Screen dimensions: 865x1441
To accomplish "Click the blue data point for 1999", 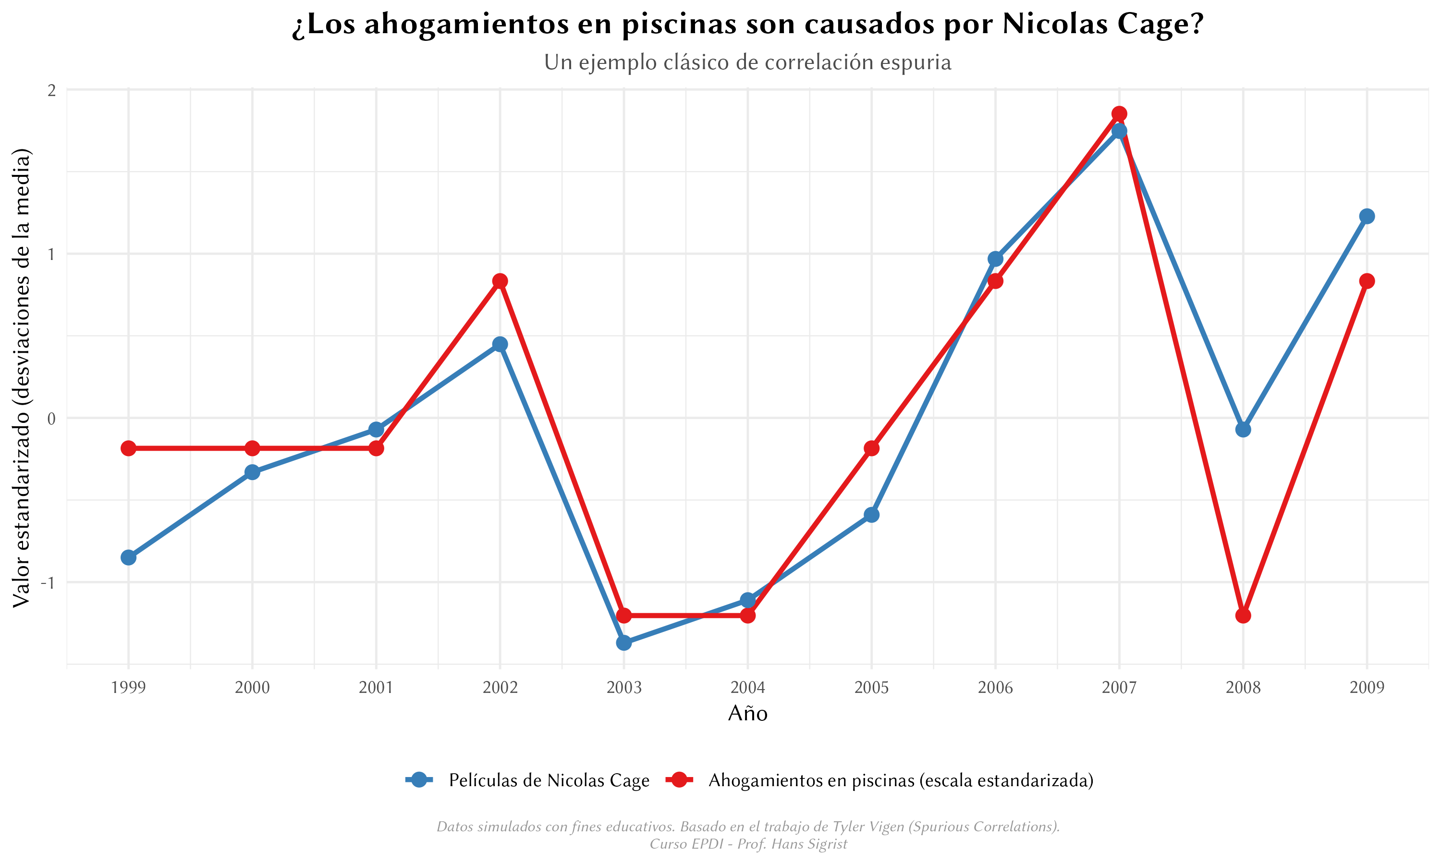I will click(x=128, y=557).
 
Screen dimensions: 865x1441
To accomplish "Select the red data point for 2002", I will click(x=500, y=281).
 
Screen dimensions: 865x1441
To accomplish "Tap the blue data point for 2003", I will click(x=624, y=643).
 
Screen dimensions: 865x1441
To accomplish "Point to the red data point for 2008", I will click(x=1243, y=616).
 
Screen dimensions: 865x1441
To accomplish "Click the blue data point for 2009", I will click(x=1367, y=216).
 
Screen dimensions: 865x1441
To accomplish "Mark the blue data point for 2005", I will click(x=871, y=515).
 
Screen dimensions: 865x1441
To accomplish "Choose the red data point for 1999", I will click(x=128, y=448).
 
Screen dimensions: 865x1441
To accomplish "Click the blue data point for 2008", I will click(x=1243, y=430).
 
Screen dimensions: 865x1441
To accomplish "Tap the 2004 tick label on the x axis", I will click(x=748, y=688).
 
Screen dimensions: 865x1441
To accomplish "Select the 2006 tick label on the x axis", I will click(x=995, y=688).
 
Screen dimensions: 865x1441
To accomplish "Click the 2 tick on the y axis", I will click(x=52, y=90).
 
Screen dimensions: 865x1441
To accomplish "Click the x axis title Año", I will click(x=748, y=714).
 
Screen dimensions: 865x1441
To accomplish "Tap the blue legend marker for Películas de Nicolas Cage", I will click(x=419, y=780).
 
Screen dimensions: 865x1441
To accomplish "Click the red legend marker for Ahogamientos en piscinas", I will click(x=679, y=780).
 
